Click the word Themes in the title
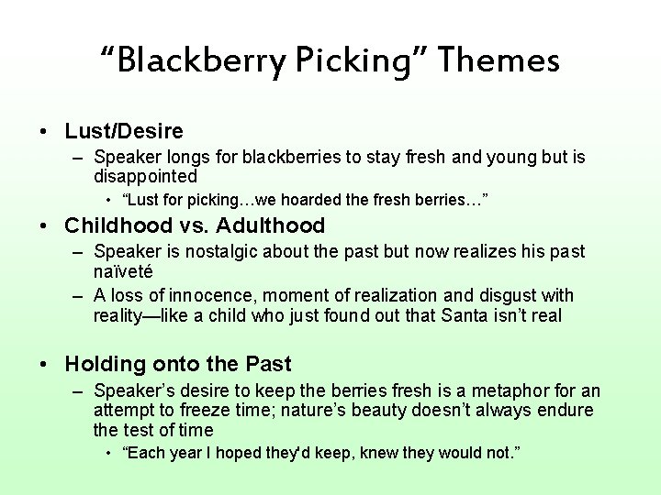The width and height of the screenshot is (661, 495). pyautogui.click(x=499, y=61)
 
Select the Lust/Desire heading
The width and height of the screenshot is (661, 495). pyautogui.click(x=124, y=131)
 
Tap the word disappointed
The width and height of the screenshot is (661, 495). pyautogui.click(x=145, y=175)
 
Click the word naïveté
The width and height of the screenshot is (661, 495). pyautogui.click(x=122, y=271)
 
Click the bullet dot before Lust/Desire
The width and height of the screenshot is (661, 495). pyautogui.click(x=44, y=132)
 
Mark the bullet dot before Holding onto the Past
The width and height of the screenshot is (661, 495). pyautogui.click(x=44, y=365)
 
